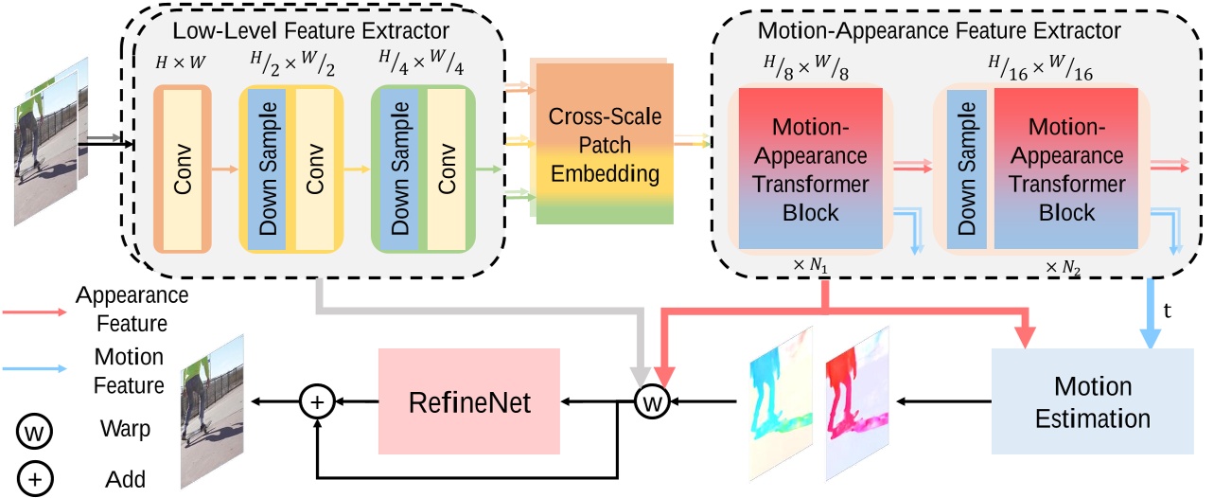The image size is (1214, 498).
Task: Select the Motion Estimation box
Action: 1093,400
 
